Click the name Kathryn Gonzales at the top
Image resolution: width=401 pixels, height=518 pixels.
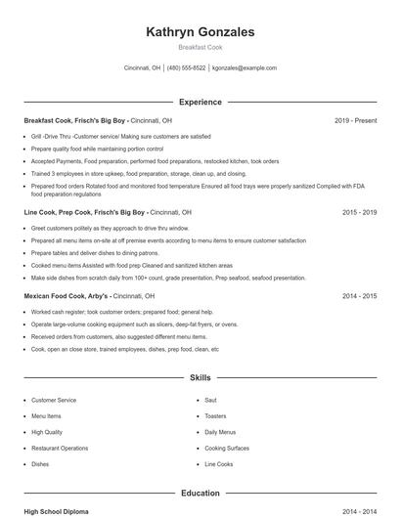pyautogui.click(x=200, y=32)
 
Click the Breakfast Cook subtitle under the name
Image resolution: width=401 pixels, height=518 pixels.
pyautogui.click(x=200, y=48)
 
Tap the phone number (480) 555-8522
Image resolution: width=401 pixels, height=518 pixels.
pyautogui.click(x=186, y=68)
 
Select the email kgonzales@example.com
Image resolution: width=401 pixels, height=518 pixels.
pyautogui.click(x=245, y=68)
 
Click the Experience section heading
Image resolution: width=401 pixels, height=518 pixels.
pyautogui.click(x=200, y=102)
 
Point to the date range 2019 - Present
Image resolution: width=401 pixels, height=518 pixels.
pyautogui.click(x=355, y=120)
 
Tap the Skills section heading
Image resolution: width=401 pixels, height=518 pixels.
pyautogui.click(x=200, y=376)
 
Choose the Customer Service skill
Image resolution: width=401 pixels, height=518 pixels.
pyautogui.click(x=54, y=400)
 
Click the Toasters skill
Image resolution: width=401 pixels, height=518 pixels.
pyautogui.click(x=215, y=416)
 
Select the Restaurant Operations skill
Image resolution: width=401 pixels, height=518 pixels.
pyautogui.click(x=60, y=448)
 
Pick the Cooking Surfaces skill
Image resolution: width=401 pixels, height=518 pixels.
pyautogui.click(x=227, y=448)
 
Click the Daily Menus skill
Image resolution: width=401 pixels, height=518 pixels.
pyautogui.click(x=220, y=432)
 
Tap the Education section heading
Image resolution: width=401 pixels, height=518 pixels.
pyautogui.click(x=200, y=494)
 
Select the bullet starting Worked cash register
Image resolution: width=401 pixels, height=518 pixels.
pyautogui.click(x=108, y=312)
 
